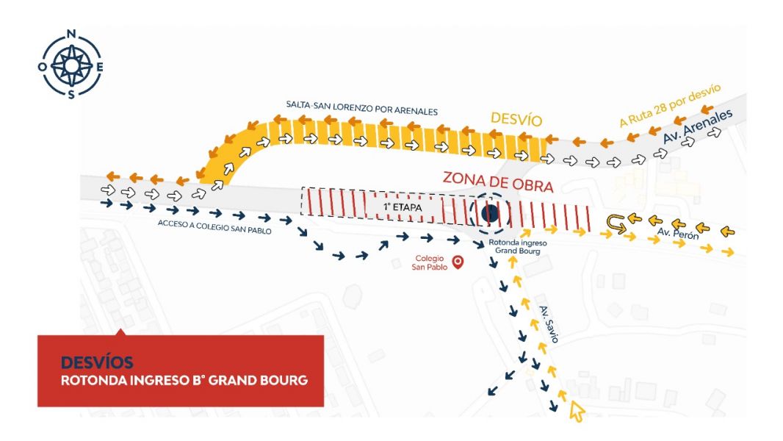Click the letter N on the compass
[71, 34]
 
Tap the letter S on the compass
[71, 95]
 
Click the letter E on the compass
[100, 67]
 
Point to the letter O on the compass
[43, 67]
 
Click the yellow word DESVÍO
[516, 119]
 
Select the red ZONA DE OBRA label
[498, 182]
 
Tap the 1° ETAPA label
[403, 207]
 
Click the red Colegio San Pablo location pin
[458, 262]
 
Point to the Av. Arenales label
[698, 126]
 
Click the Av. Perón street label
[678, 233]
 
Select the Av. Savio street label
[548, 324]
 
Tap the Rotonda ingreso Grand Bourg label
[517, 247]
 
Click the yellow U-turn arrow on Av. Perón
[616, 224]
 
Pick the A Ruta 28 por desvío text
[670, 105]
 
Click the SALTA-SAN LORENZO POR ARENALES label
[361, 107]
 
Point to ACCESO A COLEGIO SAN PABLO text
[214, 226]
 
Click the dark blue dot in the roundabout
[490, 214]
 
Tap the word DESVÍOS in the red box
[97, 362]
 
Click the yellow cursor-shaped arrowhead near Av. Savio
[577, 412]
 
